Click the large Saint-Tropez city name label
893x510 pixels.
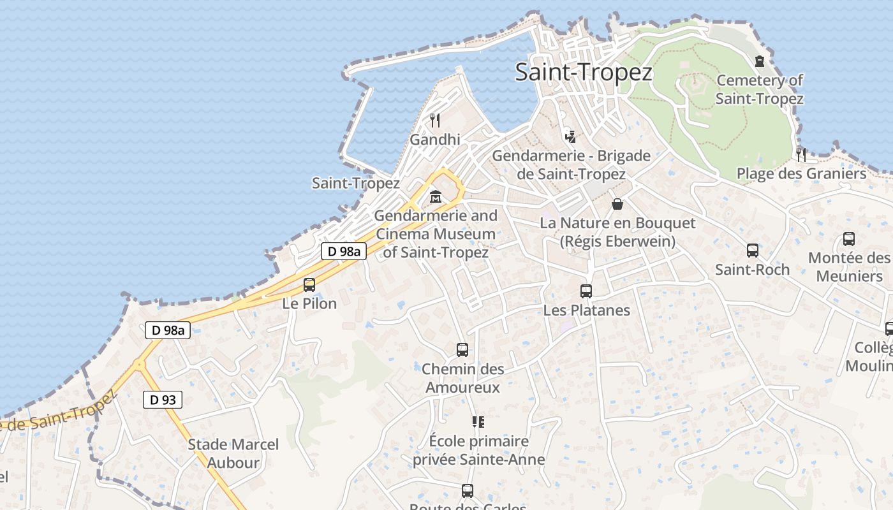584,72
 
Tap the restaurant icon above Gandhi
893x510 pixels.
435,120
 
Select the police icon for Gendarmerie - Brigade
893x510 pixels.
570,136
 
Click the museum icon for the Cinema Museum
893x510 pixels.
436,196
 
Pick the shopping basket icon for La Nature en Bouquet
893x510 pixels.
617,204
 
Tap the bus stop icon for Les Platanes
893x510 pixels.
586,291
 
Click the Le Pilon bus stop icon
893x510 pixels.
309,285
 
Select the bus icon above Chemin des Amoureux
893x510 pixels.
462,350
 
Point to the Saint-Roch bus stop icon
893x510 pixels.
753,251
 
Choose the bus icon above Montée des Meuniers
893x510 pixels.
849,239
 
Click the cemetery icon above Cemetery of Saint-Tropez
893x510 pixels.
759,61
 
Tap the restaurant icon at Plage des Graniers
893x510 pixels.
801,154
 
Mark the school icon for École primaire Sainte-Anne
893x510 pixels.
478,422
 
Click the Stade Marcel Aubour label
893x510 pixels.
233,453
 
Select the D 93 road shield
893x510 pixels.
163,400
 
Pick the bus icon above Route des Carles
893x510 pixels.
468,491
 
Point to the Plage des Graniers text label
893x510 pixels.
801,173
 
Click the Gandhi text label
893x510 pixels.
435,139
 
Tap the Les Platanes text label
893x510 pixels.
586,310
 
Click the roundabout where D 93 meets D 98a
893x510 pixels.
139,365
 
